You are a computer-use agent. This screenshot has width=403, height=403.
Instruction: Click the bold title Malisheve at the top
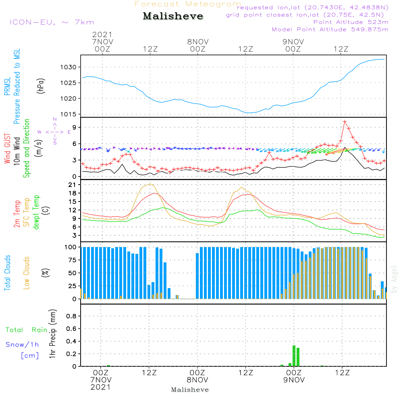pos(173,16)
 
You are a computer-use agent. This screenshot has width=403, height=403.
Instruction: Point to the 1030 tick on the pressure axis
pos(69,67)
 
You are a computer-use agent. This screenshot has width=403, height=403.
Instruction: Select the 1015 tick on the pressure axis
pos(69,114)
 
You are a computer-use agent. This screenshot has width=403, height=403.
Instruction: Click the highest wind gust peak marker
pos(345,122)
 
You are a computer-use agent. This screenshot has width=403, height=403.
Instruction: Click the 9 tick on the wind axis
pos(74,127)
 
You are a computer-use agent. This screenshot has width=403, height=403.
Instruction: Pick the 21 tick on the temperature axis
pos(72,185)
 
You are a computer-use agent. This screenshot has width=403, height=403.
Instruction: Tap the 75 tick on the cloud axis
pos(72,260)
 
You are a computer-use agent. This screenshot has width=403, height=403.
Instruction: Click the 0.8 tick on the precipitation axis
pos(71,316)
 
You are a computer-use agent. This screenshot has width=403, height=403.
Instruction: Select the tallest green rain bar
pos(294,356)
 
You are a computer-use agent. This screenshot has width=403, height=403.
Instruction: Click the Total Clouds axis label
pos(7,273)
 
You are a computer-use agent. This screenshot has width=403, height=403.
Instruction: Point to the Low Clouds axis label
pos(27,273)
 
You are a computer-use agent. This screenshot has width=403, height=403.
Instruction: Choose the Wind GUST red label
pos(7,148)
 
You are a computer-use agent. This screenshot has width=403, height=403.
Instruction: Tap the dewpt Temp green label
pos(36,212)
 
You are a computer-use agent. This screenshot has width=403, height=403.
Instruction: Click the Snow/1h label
pos(22,345)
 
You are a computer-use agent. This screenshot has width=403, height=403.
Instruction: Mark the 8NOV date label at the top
pos(197,42)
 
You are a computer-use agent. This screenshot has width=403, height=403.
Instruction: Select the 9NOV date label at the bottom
pos(294,380)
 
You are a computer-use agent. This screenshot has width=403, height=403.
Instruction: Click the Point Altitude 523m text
pos(351,22)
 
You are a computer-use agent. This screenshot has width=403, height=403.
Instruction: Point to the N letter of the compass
pos(55,119)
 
